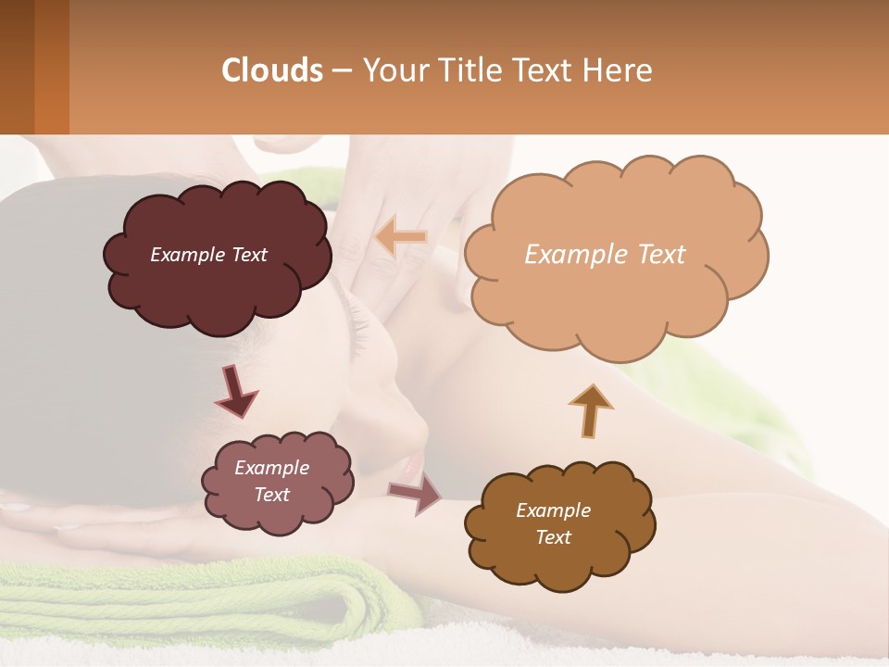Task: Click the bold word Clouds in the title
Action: [272, 70]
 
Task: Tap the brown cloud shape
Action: [559, 556]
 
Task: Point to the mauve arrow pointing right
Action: [415, 495]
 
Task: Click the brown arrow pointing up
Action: [591, 409]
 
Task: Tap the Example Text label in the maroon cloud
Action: [208, 255]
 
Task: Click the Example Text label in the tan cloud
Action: [605, 255]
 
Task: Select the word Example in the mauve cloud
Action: [272, 468]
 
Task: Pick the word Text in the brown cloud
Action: [554, 537]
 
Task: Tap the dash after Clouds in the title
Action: [341, 70]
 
